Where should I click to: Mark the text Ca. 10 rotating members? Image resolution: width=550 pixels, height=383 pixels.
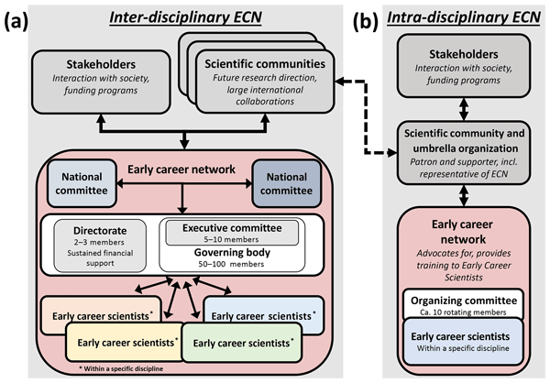click(x=467, y=312)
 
